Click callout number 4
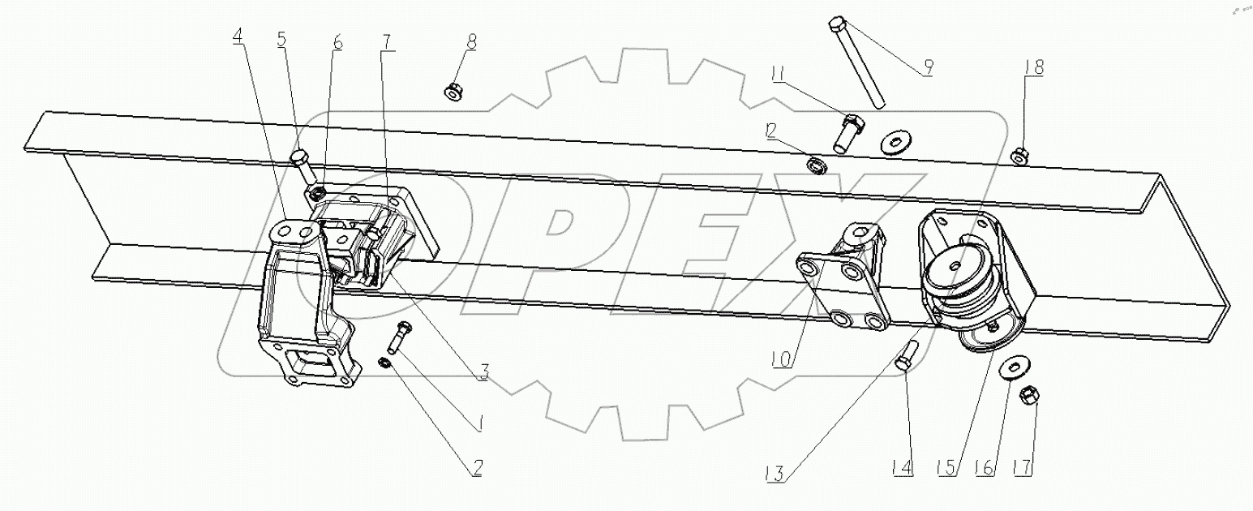click(239, 37)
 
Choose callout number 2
click(477, 468)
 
